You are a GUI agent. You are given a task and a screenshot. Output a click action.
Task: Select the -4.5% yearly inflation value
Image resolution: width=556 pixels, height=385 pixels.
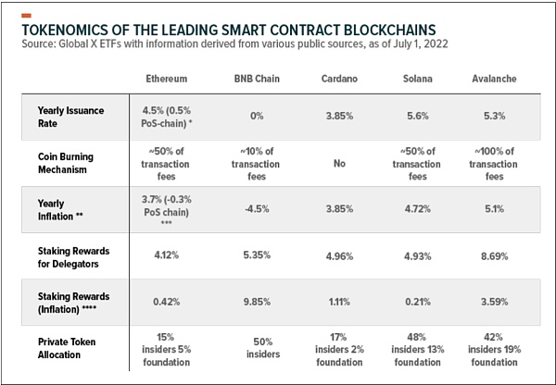[x=251, y=209]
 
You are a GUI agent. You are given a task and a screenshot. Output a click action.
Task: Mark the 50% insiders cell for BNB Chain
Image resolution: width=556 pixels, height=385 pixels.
[x=251, y=348]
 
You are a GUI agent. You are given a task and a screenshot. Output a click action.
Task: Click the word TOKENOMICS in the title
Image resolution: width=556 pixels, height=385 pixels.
[x=69, y=29]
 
